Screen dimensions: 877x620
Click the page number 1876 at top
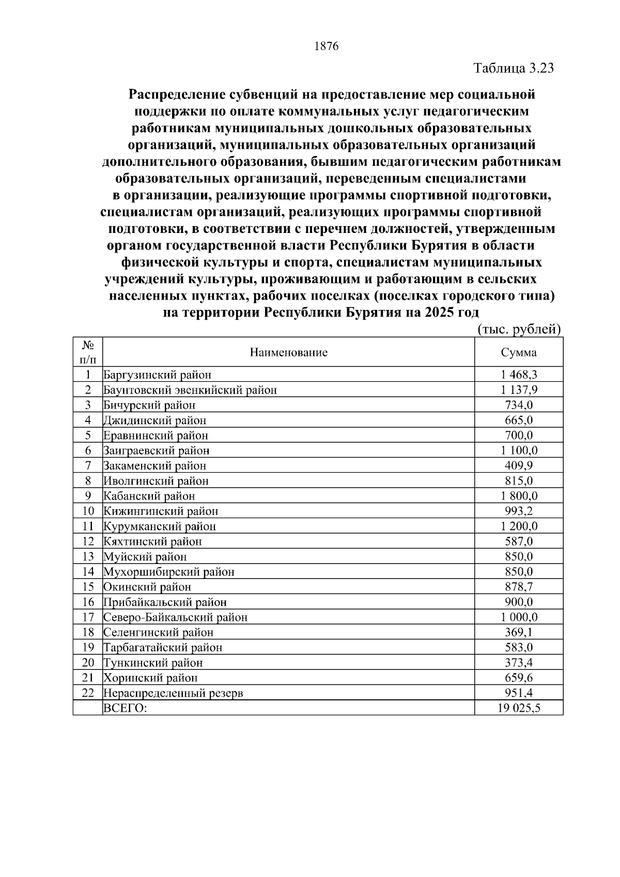click(x=326, y=46)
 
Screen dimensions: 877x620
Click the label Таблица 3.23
click(x=514, y=68)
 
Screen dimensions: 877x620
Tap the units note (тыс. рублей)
click(x=518, y=330)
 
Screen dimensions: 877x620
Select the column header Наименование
click(x=288, y=353)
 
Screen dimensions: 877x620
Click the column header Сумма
click(x=518, y=353)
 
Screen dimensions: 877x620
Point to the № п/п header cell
click(x=88, y=352)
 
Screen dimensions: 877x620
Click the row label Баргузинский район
click(x=157, y=375)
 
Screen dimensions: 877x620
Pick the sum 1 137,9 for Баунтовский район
click(x=519, y=390)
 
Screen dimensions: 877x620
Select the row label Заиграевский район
click(x=156, y=451)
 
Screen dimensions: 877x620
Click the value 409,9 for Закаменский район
click(x=519, y=466)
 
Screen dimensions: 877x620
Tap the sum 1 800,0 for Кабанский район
click(x=519, y=496)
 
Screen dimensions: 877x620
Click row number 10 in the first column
click(x=88, y=511)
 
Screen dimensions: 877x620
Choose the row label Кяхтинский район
click(x=152, y=542)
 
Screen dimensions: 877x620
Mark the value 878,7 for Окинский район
click(x=519, y=587)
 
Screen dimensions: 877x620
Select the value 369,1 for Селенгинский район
click(x=519, y=633)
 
